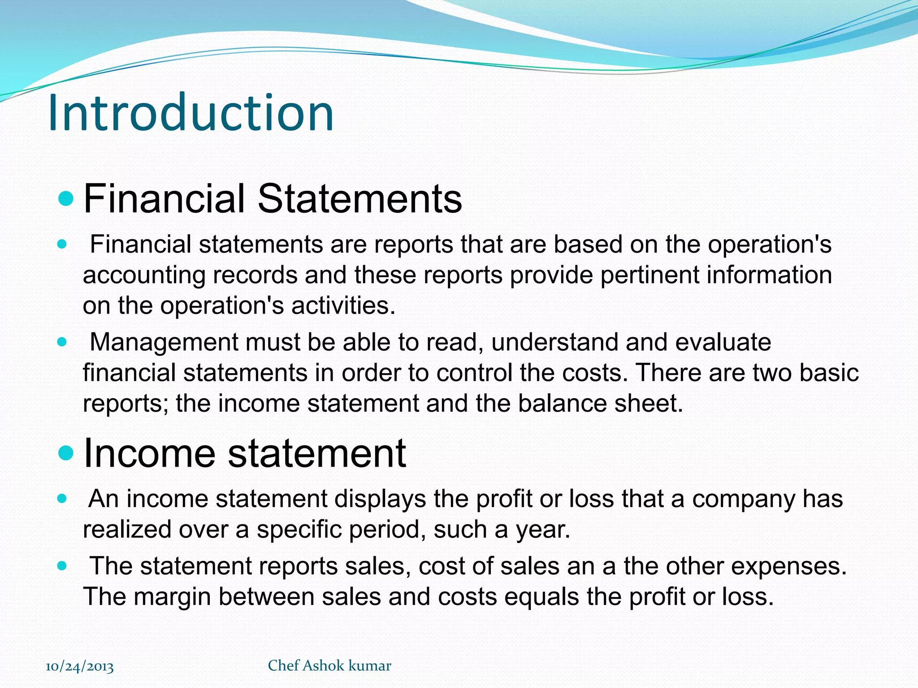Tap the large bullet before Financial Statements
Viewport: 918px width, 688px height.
point(66,198)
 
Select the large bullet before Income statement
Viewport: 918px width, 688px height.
point(66,453)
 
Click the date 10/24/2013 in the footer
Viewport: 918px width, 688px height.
point(80,666)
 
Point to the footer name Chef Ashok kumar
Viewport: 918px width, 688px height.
point(329,666)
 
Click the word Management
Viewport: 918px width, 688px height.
point(164,342)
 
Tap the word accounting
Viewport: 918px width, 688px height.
point(144,275)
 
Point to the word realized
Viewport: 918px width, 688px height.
point(127,529)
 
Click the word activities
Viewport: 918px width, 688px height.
point(343,305)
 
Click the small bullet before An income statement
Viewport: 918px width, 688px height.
point(62,499)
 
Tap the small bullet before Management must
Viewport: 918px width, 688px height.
point(62,342)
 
